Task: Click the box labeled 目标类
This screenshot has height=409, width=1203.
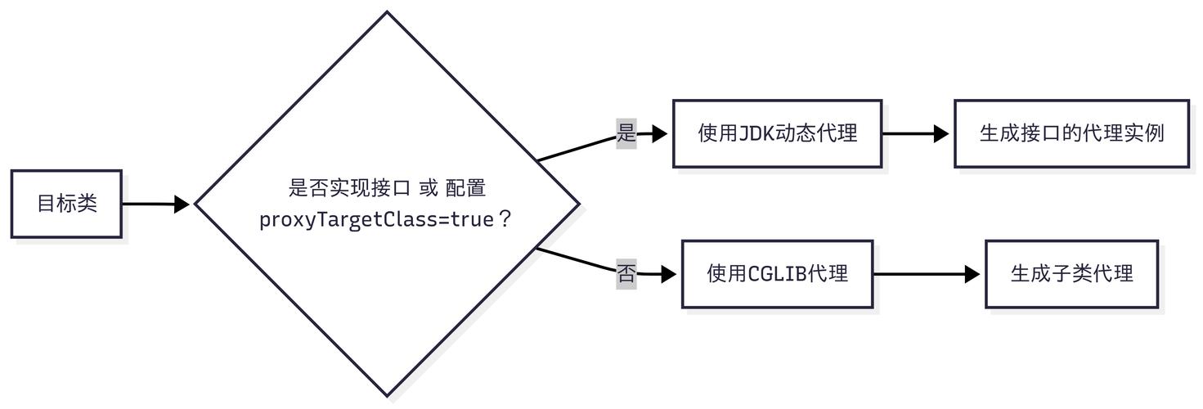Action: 66,204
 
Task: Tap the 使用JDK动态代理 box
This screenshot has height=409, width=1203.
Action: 777,133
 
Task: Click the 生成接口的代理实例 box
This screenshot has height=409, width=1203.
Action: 1071,133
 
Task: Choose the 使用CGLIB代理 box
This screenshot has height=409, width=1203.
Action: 777,274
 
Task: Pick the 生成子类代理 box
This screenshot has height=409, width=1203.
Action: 1071,274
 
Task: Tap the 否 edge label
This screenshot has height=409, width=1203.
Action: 626,273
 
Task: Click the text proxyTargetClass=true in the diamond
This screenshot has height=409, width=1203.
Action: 376,220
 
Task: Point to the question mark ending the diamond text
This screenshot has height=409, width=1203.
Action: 505,220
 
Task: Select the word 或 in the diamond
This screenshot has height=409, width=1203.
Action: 428,189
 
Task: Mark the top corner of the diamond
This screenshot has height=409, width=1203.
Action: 386,12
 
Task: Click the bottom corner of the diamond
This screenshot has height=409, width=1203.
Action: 386,397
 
